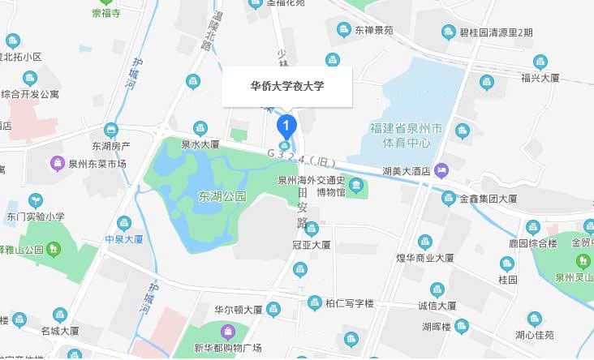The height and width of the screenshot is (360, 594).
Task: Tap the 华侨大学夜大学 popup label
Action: [x=286, y=86]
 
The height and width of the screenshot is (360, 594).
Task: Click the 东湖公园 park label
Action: [x=222, y=196]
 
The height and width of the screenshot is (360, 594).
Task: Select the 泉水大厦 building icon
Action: [x=200, y=127]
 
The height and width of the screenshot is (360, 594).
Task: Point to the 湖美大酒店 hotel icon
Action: [x=441, y=170]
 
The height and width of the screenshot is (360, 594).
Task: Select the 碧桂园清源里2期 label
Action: [x=496, y=32]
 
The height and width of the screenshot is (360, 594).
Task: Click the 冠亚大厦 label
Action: [x=311, y=244]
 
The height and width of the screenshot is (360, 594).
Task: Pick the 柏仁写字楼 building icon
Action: [x=315, y=303]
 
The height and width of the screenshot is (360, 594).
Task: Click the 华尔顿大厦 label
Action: [x=238, y=310]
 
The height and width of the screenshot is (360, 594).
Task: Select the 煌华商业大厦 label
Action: [x=424, y=258]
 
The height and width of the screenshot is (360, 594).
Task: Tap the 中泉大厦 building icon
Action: [x=124, y=222]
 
